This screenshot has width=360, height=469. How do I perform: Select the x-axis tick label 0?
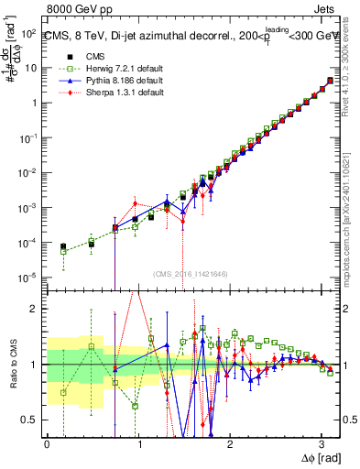click(47, 445)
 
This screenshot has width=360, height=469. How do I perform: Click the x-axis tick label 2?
click(230, 445)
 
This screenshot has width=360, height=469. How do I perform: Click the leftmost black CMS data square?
click(63, 246)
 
